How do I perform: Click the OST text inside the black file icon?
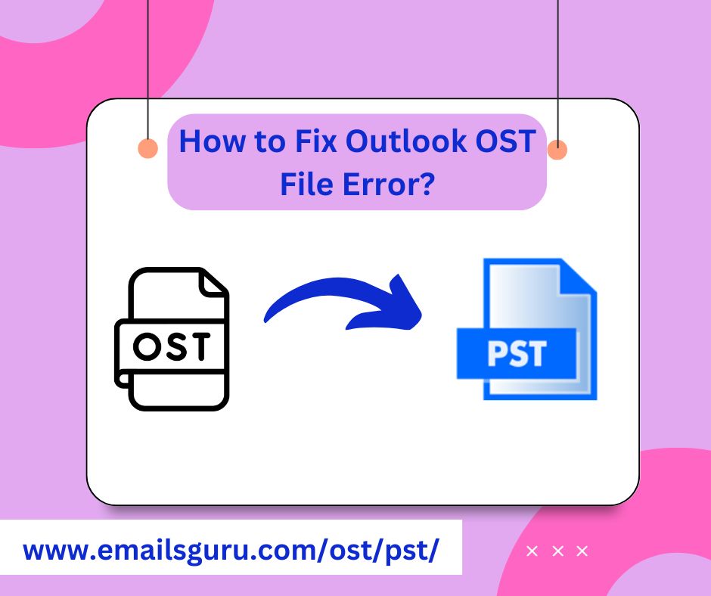[170, 346]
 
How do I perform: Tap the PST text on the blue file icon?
[517, 352]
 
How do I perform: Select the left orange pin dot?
[148, 148]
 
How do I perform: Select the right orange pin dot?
[557, 150]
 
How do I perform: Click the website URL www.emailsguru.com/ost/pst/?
[231, 550]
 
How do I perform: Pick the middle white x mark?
[557, 551]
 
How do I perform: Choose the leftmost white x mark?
[532, 551]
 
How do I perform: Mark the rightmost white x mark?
[582, 551]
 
